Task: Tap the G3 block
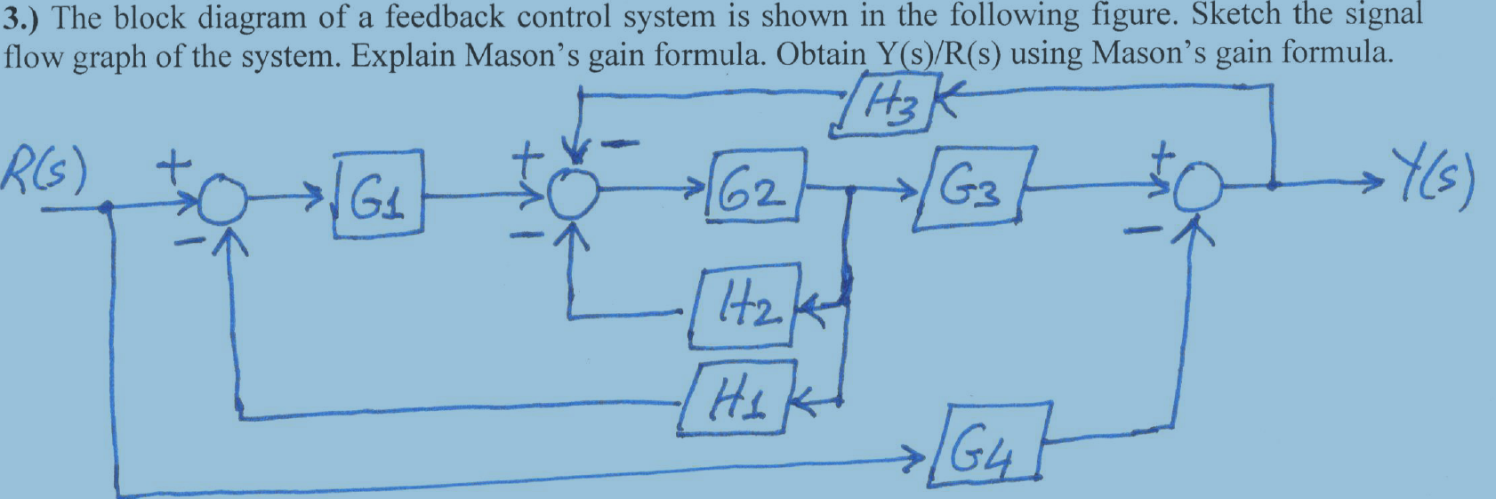click(975, 189)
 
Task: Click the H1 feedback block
click(736, 398)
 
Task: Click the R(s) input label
click(44, 172)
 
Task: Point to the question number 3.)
click(26, 17)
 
